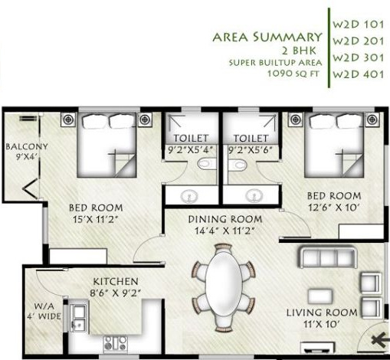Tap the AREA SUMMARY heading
(266, 37)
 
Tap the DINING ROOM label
(221, 218)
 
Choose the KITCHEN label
(115, 281)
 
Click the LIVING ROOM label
(321, 313)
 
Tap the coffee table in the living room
(320, 295)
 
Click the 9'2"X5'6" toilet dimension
(251, 151)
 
